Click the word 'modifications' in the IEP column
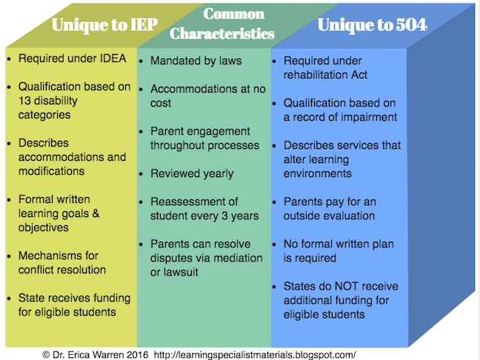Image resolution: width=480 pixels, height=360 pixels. coord(51,171)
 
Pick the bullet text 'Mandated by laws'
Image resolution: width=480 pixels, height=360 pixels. coord(196,61)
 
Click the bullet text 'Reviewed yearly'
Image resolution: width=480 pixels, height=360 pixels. coord(191,173)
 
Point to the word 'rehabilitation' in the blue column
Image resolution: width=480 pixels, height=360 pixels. coord(319,74)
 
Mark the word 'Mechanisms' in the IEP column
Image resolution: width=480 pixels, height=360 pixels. coord(50,256)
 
